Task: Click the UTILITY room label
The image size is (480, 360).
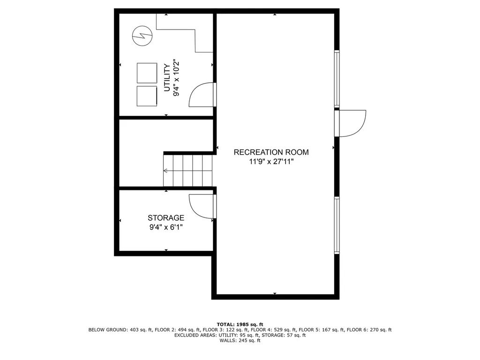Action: pos(166,78)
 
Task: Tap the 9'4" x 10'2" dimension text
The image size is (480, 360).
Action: pos(176,78)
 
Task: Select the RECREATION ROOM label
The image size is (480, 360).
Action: pos(271,152)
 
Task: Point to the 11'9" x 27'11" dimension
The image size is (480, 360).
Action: pos(271,162)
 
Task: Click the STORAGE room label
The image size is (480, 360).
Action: pos(166,218)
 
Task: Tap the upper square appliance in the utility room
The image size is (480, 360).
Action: pos(147,73)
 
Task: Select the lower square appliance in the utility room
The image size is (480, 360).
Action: pos(147,96)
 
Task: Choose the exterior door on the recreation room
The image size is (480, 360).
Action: pos(351,123)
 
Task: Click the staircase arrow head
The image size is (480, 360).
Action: pos(165,171)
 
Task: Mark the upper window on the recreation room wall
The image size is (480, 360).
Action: pos(337,78)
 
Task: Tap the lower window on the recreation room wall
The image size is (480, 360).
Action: pos(337,225)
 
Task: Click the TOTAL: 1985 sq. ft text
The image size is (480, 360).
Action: pos(240,324)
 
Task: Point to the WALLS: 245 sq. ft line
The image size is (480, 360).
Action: pos(240,340)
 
